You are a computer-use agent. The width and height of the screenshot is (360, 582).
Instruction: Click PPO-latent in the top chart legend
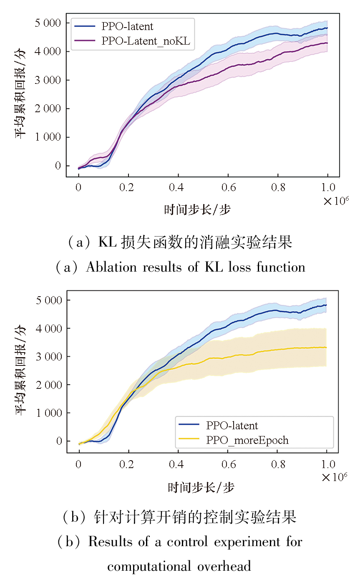tap(127, 26)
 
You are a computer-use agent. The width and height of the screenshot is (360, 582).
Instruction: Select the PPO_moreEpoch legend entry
tap(247, 440)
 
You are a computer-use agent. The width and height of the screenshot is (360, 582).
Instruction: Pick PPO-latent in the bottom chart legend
tap(232, 426)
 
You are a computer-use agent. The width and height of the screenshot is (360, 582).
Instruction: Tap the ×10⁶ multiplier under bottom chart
tap(335, 476)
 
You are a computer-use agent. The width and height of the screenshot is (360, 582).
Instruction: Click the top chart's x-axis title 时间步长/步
tap(197, 209)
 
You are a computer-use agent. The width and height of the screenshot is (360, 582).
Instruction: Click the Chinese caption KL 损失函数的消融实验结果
tap(195, 242)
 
